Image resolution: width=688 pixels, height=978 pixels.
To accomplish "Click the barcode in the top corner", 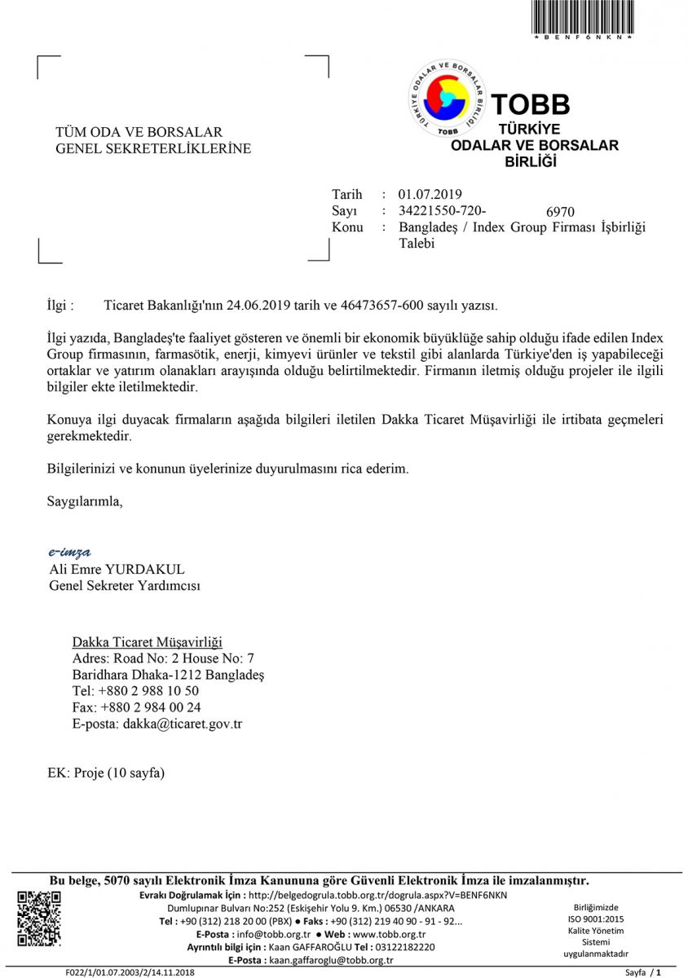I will click(583, 17).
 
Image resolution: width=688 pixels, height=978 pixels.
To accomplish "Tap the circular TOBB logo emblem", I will click(447, 98).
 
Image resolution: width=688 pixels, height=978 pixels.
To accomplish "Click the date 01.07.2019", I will click(430, 194).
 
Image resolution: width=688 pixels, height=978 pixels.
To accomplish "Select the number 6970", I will click(560, 212).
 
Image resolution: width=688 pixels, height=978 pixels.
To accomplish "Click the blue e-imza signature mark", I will click(69, 553).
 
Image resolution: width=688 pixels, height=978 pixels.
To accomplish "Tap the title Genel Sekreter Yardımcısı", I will click(125, 585).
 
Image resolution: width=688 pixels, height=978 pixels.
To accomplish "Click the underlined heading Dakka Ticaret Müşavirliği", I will click(148, 642).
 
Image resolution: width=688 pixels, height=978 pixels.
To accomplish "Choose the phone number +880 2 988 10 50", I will click(154, 691).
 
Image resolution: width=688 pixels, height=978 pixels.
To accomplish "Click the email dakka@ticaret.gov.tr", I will click(183, 724).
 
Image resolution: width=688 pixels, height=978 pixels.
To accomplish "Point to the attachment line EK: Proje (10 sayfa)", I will click(107, 773).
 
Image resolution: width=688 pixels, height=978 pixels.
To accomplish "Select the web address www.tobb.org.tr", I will click(387, 934).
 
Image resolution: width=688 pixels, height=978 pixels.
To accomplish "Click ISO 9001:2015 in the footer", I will click(595, 919).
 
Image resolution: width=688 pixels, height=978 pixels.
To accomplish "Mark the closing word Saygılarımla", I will click(85, 500).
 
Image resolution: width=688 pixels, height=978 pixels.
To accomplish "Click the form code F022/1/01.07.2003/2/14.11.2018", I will click(130, 972).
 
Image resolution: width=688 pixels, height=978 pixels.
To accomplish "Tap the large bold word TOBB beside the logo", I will click(531, 104).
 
